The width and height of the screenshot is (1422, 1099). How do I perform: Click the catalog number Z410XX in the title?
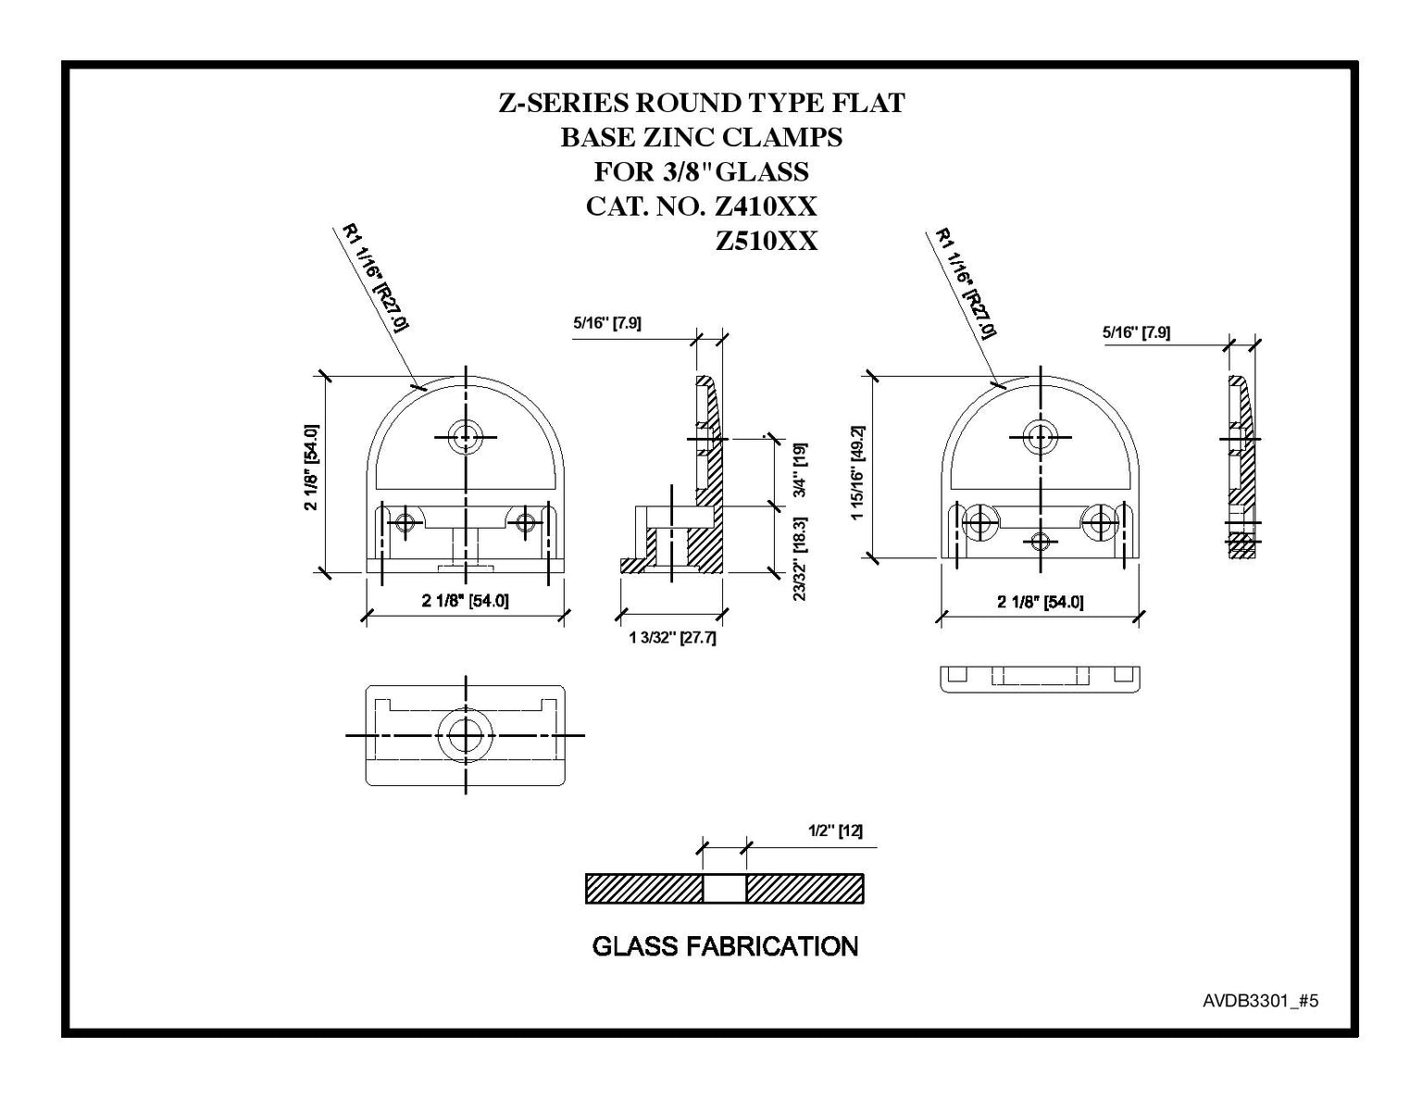[767, 206]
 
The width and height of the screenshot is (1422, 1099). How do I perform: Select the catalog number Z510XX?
[767, 241]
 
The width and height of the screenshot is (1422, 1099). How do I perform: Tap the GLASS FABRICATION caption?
[725, 946]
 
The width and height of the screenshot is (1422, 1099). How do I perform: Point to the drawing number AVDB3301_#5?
[1260, 1001]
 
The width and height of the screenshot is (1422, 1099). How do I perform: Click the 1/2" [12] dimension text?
[835, 831]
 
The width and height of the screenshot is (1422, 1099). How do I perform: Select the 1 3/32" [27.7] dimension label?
[672, 638]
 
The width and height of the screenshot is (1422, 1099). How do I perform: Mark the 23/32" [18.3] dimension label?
[799, 558]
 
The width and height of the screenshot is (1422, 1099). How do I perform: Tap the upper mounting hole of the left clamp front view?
[465, 436]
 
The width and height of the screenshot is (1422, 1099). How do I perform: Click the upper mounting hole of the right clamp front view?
[1040, 435]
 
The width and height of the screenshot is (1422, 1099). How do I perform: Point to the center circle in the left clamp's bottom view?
[465, 734]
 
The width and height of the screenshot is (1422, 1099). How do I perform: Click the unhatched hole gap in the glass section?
[725, 889]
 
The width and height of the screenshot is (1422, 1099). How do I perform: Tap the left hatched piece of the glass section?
[644, 889]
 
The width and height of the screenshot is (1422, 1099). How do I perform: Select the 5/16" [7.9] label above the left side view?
[607, 323]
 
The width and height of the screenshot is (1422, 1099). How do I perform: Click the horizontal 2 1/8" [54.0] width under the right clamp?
[1041, 602]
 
